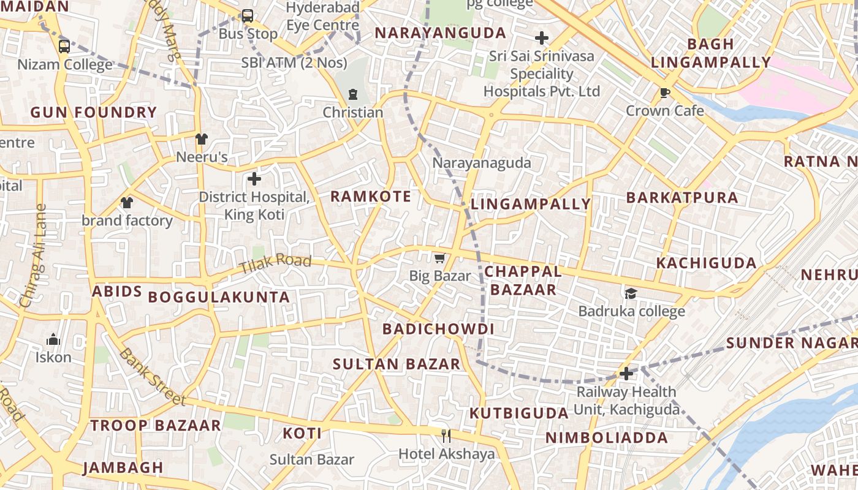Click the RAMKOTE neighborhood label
pos(371,197)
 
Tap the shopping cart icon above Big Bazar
pos(439,258)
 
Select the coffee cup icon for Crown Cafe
pos(664,93)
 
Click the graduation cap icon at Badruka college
pos(631,293)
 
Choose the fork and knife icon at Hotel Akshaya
pos(446,435)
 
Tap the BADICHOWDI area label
pos(438,329)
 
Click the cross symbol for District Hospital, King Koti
pos(254,179)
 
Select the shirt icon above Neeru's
pos(202,139)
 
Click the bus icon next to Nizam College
pos(64,46)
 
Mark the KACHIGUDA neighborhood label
pos(707,263)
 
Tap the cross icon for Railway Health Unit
pos(626,373)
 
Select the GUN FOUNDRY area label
pos(94,112)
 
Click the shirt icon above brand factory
pos(127,202)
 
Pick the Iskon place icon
pos(53,339)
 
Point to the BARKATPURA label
pos(682,198)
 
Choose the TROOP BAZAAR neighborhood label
pos(156,425)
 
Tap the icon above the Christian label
pos(352,94)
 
